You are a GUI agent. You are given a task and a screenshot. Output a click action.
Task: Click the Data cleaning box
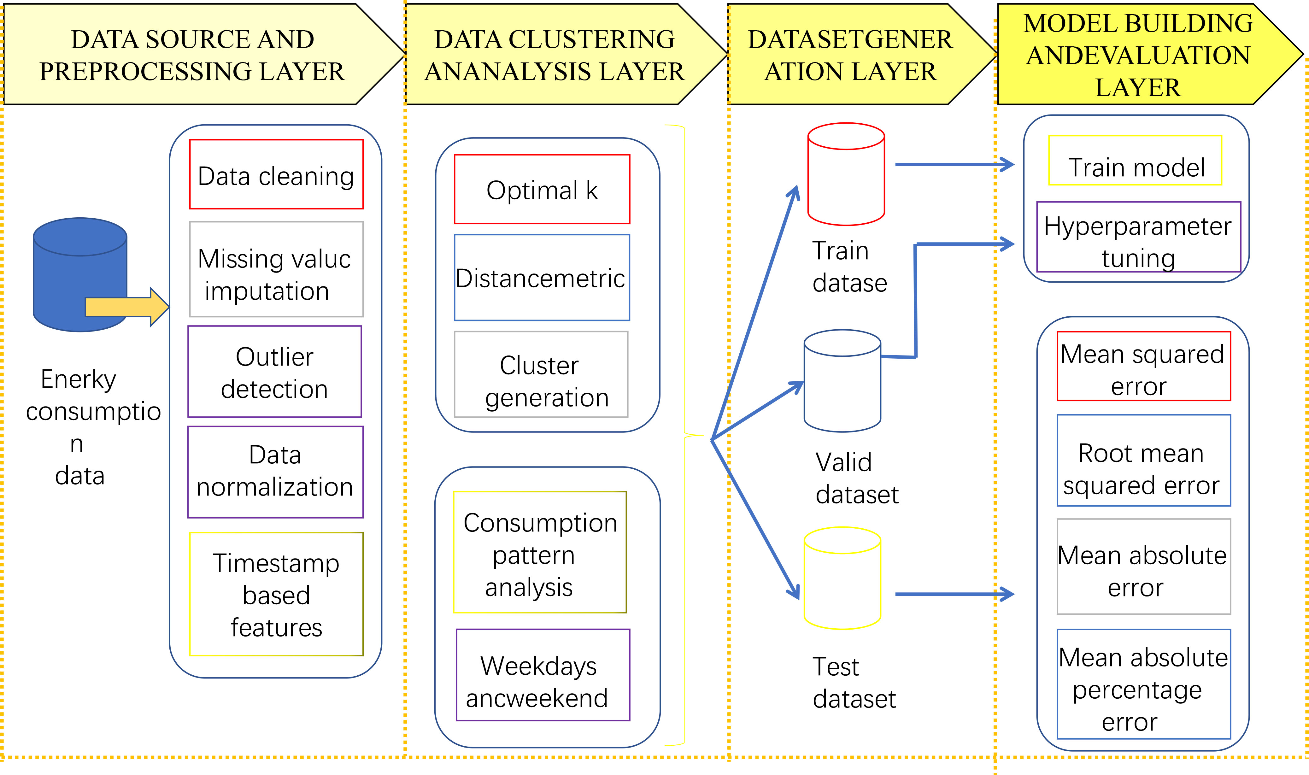point(276,174)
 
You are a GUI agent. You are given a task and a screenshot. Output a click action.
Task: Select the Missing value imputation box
point(276,269)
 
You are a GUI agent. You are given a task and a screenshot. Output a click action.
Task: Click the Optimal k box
point(542,189)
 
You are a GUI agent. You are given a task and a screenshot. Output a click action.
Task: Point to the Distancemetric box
point(542,277)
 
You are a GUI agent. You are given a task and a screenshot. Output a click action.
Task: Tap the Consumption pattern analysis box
point(540,552)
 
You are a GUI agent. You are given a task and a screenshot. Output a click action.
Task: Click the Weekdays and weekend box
point(543,675)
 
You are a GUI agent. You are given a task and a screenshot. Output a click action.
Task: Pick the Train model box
point(1135,160)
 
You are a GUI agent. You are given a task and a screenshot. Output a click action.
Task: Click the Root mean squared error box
point(1143,461)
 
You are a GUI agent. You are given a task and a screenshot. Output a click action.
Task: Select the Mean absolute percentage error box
point(1143,684)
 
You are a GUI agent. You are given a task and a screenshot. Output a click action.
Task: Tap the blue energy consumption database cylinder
point(80,275)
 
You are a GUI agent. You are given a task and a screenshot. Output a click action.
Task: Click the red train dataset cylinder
point(846,174)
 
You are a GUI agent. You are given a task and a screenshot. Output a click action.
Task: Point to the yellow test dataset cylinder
point(842,578)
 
